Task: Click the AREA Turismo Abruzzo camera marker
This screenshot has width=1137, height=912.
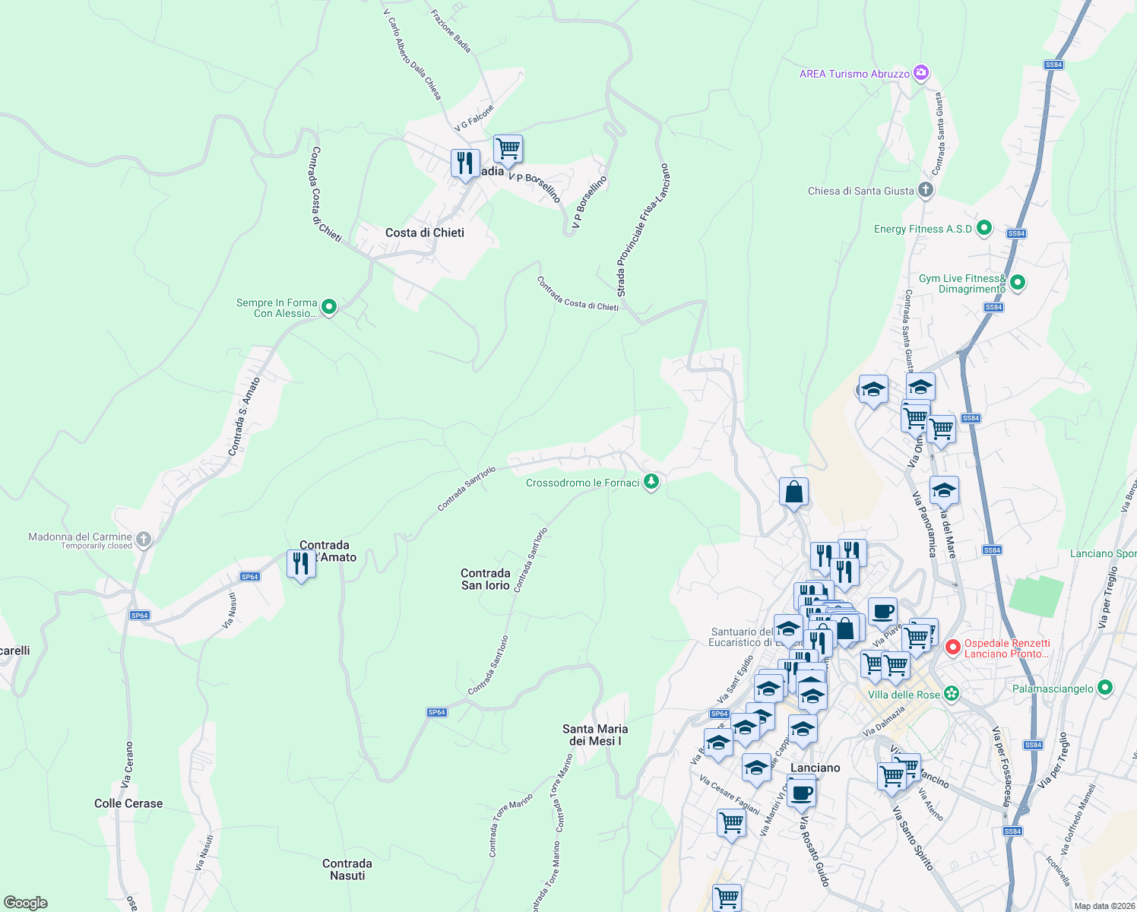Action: click(x=921, y=73)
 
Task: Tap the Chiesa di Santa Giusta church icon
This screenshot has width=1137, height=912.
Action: click(x=925, y=190)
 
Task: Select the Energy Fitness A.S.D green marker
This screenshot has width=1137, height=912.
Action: click(x=984, y=228)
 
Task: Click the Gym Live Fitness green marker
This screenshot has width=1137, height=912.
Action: click(x=1018, y=283)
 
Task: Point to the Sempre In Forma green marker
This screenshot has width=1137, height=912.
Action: click(x=329, y=308)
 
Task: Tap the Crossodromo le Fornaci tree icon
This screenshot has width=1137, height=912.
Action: click(x=651, y=482)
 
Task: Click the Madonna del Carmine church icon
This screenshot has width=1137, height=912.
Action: click(x=144, y=540)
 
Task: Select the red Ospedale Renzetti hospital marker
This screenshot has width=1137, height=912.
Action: click(x=952, y=648)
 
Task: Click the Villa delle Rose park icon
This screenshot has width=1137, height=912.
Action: click(x=952, y=694)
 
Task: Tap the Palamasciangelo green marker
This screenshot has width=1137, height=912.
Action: click(x=1105, y=688)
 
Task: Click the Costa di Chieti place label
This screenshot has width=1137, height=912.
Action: click(x=424, y=233)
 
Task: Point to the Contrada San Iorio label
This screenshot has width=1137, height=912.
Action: click(x=485, y=579)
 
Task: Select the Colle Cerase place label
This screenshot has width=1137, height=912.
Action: click(x=128, y=803)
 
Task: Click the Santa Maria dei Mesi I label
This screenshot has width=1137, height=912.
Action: click(x=595, y=735)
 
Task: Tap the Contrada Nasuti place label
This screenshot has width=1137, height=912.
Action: click(x=347, y=869)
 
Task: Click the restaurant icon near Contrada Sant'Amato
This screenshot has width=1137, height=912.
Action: click(x=301, y=563)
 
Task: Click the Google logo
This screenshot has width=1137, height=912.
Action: click(x=25, y=903)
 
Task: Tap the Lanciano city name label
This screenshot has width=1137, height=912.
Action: click(x=815, y=768)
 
